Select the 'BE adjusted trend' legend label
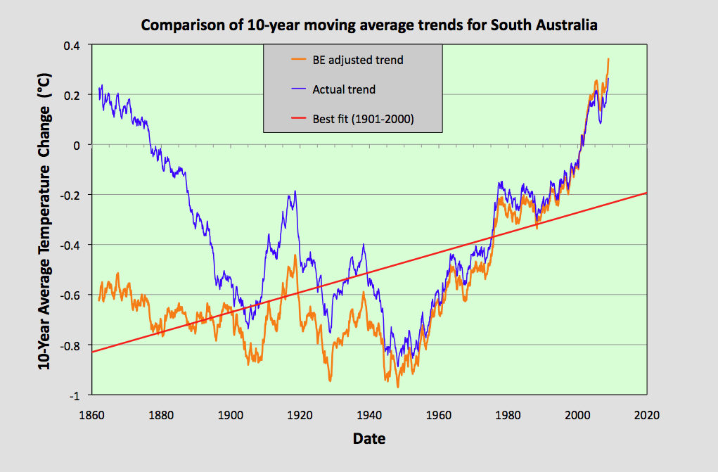click(x=357, y=60)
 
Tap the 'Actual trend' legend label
click(x=344, y=89)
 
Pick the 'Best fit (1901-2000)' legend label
click(x=363, y=119)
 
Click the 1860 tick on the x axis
click(x=92, y=415)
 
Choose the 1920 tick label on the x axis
click(x=300, y=415)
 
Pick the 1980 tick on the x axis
click(x=508, y=415)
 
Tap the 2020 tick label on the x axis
click(x=646, y=415)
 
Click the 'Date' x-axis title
click(x=368, y=439)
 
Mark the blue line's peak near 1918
click(x=295, y=191)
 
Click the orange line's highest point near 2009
click(x=608, y=59)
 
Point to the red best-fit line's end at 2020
click(x=646, y=193)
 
